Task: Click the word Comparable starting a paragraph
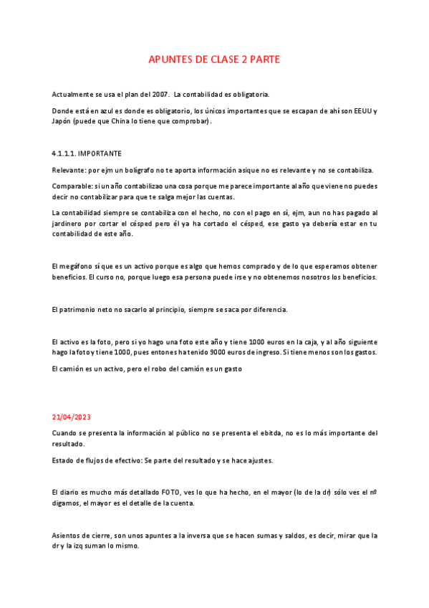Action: pyautogui.click(x=72, y=186)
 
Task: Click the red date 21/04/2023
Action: pyautogui.click(x=72, y=417)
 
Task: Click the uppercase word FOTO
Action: pyautogui.click(x=171, y=493)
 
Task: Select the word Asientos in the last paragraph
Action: pyautogui.click(x=68, y=535)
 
